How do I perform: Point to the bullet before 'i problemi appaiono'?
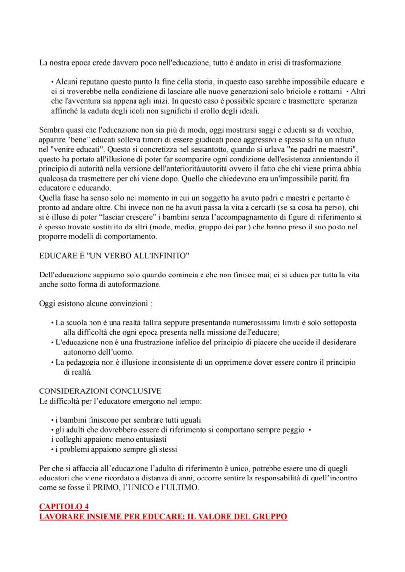52,449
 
